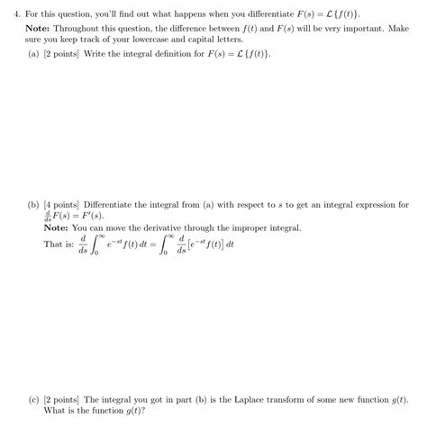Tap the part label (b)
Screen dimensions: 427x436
(x=34, y=204)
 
